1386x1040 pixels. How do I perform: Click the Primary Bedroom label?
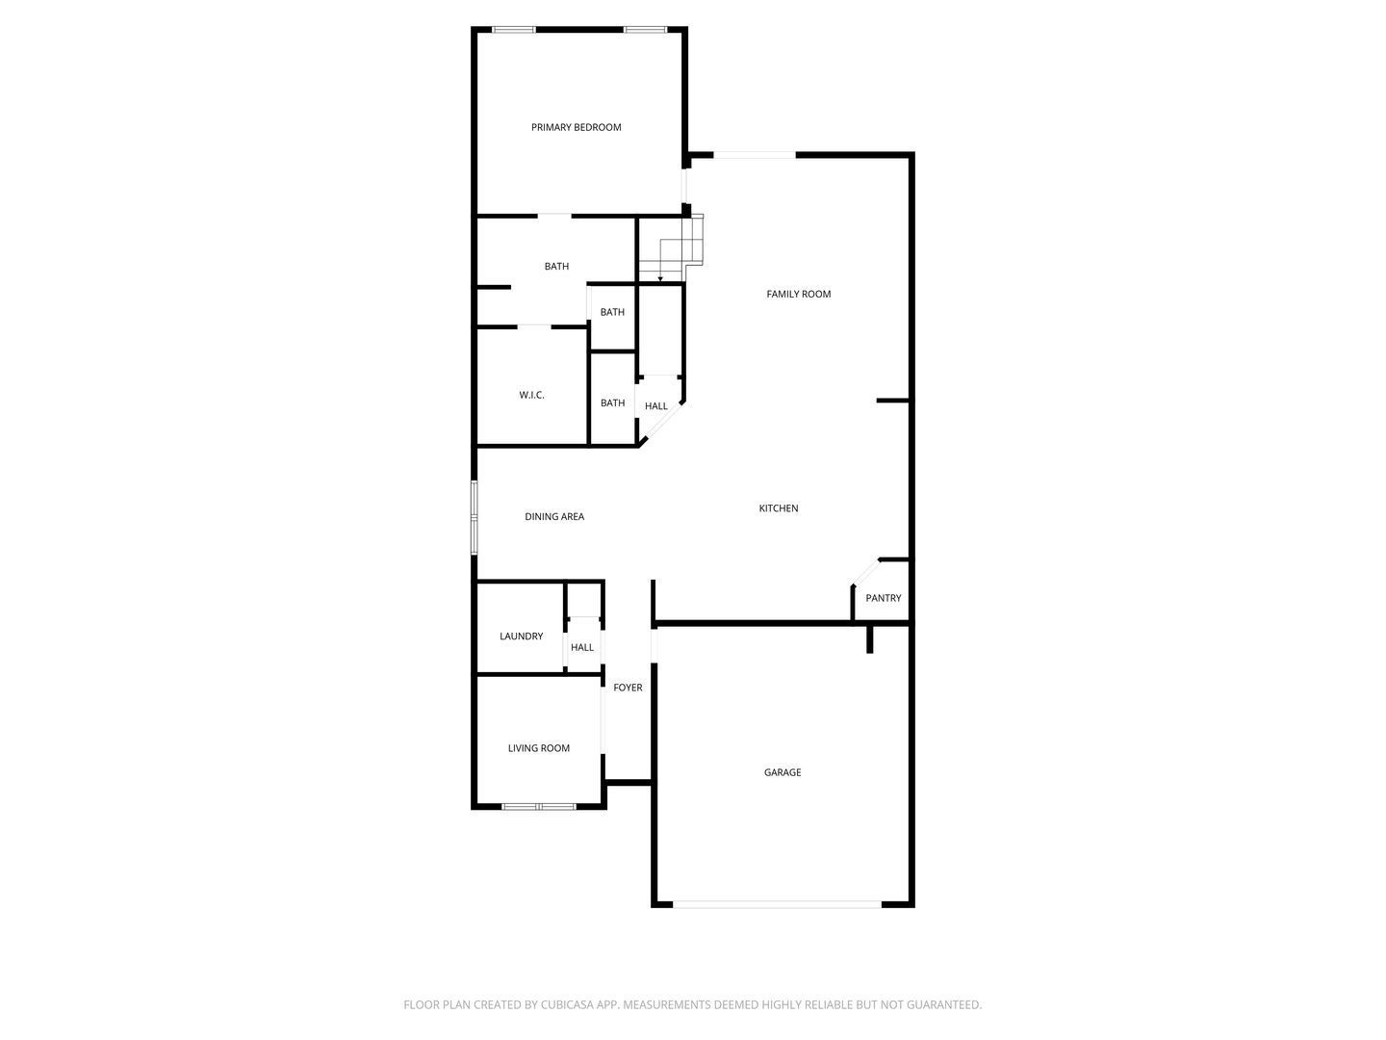[576, 127]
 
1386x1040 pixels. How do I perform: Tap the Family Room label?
[798, 294]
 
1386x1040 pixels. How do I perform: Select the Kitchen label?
[778, 508]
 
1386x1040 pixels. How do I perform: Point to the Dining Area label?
[553, 516]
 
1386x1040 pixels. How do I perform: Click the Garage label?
[783, 772]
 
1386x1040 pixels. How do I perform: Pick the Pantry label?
[883, 598]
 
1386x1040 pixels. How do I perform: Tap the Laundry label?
[521, 637]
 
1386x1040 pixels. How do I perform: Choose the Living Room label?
[539, 748]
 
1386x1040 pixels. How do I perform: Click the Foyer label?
[628, 688]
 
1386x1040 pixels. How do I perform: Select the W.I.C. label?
[531, 395]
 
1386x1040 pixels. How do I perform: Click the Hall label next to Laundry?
[582, 647]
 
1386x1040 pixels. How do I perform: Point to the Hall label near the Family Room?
[656, 406]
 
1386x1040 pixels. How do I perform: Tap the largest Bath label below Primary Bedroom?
[556, 267]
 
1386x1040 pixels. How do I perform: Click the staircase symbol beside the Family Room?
[670, 247]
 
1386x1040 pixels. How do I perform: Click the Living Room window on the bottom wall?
[539, 806]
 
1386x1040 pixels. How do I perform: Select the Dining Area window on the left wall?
[474, 518]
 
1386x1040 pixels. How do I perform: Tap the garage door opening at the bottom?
[777, 904]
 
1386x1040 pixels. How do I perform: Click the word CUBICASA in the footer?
[567, 1004]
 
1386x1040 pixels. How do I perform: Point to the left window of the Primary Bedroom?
[514, 30]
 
